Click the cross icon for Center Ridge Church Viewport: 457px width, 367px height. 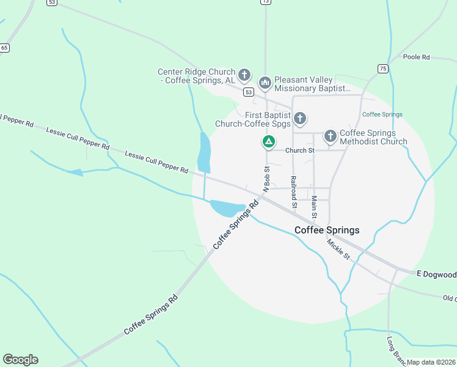(x=244, y=75)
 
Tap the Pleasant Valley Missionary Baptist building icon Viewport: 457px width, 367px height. (x=265, y=82)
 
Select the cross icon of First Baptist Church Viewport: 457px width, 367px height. (x=300, y=118)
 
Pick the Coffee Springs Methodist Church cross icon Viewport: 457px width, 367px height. (x=330, y=136)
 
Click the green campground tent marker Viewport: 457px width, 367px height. (x=268, y=142)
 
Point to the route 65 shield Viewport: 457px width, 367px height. (x=5, y=48)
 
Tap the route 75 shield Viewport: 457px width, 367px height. (x=382, y=69)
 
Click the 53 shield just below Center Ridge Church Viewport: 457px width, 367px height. (x=247, y=92)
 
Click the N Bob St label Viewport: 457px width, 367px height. (x=266, y=178)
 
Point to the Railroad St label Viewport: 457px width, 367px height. (x=294, y=190)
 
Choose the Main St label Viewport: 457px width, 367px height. (x=314, y=207)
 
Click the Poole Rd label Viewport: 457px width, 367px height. (x=417, y=57)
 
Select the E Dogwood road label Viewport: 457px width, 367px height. (x=436, y=274)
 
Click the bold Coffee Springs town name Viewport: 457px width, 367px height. (x=327, y=230)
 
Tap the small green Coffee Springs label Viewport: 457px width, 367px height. (x=382, y=114)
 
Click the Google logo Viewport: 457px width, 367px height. (x=20, y=359)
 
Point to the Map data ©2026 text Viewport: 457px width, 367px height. (x=431, y=362)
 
